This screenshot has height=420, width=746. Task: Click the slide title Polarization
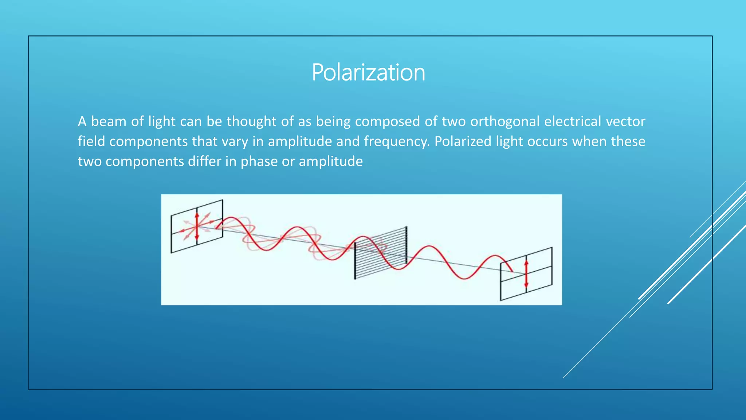click(368, 72)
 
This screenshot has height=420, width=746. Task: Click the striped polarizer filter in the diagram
click(381, 253)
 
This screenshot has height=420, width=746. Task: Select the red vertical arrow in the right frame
click(526, 274)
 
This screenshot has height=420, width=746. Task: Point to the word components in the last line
click(145, 162)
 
